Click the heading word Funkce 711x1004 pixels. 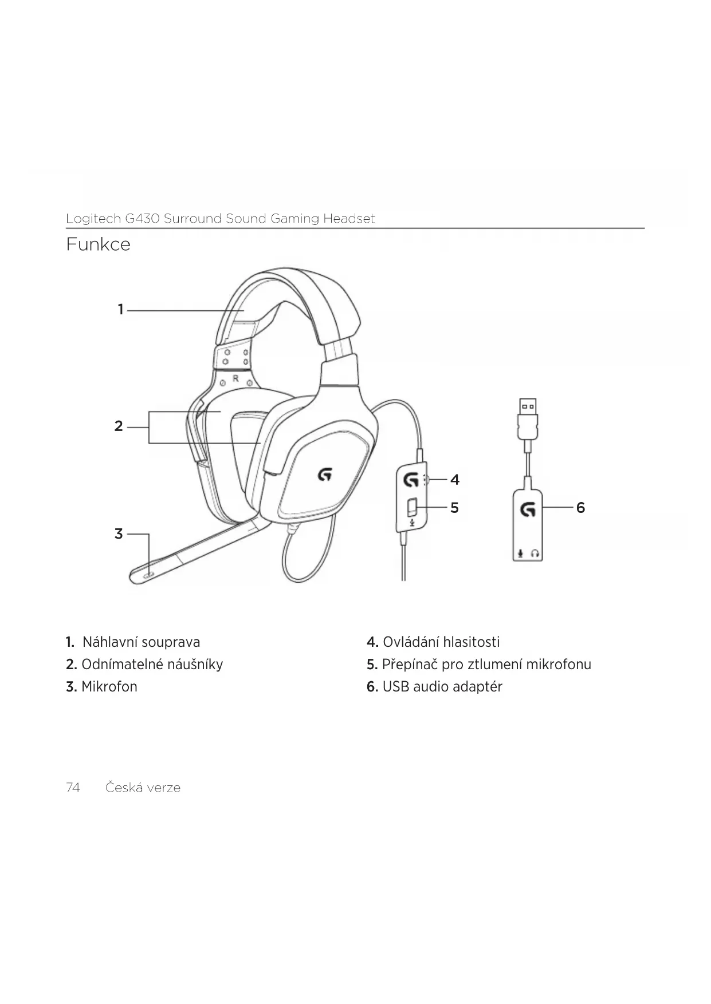click(x=98, y=244)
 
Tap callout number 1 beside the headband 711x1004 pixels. click(x=120, y=310)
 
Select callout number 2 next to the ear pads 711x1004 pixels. click(x=119, y=426)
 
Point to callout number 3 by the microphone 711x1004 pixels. click(x=119, y=534)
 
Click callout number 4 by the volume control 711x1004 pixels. click(x=455, y=480)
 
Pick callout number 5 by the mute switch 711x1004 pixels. click(x=454, y=508)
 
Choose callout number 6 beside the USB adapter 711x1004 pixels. click(x=580, y=508)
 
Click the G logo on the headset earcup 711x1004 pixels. click(x=325, y=474)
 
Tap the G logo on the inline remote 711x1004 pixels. click(x=410, y=479)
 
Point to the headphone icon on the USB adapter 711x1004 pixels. click(x=535, y=554)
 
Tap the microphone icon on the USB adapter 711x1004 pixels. click(x=520, y=554)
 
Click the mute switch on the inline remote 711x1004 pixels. click(x=411, y=507)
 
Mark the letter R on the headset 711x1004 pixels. click(x=235, y=379)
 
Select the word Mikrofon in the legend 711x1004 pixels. click(x=109, y=687)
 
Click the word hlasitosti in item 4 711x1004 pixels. click(x=472, y=642)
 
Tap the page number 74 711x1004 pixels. click(x=73, y=788)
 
